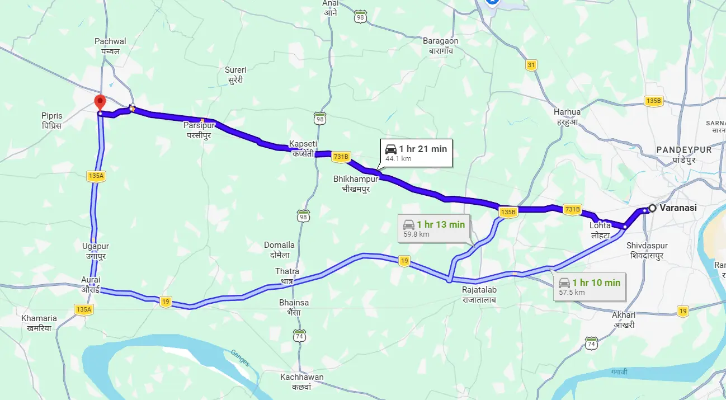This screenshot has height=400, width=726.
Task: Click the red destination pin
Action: (x=100, y=102)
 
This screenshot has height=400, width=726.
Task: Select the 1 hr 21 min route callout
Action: (x=416, y=153)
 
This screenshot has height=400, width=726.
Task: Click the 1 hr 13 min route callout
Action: (x=433, y=228)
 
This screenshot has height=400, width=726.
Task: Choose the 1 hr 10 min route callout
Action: (x=590, y=286)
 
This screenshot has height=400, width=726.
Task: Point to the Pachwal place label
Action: (x=110, y=46)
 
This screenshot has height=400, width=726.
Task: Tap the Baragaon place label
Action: (x=441, y=45)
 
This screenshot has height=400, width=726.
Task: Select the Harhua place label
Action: (x=567, y=116)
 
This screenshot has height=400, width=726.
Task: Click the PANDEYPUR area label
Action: (x=683, y=154)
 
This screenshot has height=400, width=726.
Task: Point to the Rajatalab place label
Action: (x=479, y=294)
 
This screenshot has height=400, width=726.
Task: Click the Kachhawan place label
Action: (x=301, y=382)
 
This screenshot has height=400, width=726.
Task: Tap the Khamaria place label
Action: (x=39, y=323)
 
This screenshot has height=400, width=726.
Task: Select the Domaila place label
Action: (x=279, y=250)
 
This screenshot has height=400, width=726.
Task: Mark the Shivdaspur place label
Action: (x=647, y=250)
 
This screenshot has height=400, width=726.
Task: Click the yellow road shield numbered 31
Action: (x=531, y=65)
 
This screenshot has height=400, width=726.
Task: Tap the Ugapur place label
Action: (x=96, y=251)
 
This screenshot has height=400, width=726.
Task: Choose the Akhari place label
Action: (x=624, y=319)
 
